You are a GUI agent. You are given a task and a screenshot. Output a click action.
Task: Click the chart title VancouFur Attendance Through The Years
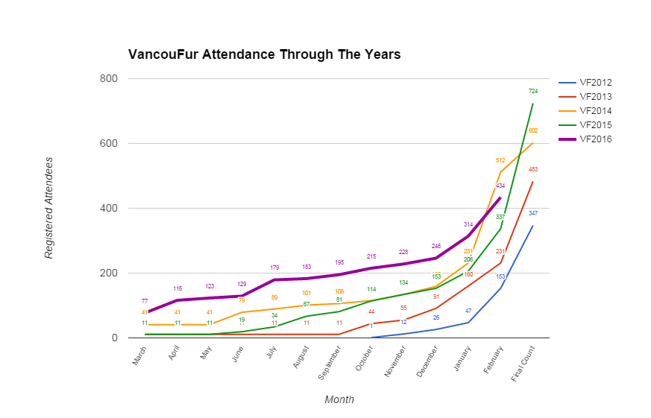click(x=264, y=54)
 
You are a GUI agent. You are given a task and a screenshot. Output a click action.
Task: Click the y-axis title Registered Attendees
click(x=49, y=207)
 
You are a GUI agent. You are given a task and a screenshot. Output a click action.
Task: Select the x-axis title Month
click(x=339, y=399)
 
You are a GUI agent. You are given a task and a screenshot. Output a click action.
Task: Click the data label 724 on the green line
click(x=533, y=91)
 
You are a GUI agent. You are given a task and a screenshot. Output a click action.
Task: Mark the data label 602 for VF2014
click(x=533, y=130)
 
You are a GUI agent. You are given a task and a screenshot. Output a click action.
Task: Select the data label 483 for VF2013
click(x=533, y=169)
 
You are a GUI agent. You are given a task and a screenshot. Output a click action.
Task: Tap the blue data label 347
click(x=533, y=213)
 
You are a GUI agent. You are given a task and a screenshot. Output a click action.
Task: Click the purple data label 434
click(x=500, y=186)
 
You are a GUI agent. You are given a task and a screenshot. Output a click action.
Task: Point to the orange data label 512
click(x=500, y=160)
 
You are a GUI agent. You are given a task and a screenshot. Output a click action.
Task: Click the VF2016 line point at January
click(x=468, y=235)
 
